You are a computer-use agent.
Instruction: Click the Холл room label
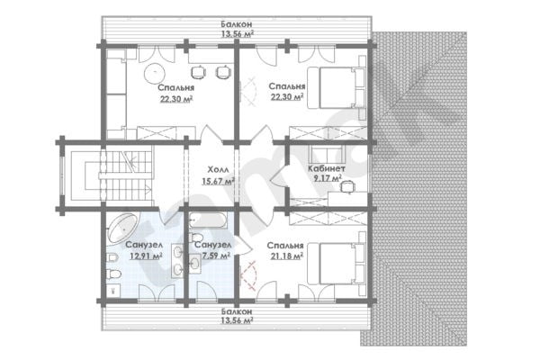219,169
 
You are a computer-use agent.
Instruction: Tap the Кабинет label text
327,169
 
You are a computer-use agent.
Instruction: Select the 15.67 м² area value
219,181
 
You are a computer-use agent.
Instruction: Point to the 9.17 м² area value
328,178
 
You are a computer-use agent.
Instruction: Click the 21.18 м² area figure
287,256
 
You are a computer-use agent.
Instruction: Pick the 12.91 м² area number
147,256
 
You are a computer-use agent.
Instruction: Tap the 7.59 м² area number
216,256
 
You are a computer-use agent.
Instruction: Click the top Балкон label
237,24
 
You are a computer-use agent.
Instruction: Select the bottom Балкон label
237,311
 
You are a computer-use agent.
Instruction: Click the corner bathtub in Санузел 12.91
123,228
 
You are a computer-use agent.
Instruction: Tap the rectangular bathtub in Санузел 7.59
208,220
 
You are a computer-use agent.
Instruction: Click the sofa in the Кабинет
327,154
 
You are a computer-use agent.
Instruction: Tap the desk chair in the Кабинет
346,186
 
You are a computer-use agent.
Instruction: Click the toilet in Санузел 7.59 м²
196,238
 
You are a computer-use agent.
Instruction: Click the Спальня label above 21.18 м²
285,246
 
